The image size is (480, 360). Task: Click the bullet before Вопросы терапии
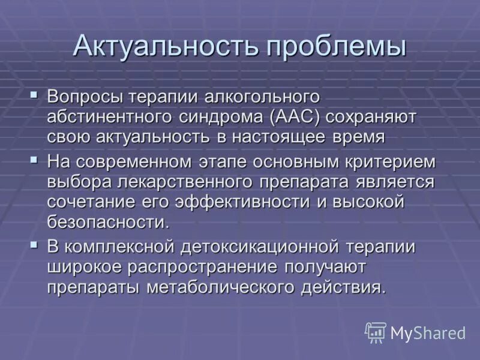coord(35,94)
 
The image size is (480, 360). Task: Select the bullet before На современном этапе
coord(35,160)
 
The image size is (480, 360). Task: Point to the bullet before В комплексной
coord(35,244)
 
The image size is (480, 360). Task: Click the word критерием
coord(384,163)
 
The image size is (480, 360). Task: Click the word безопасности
coord(107,222)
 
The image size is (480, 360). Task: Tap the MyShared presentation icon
coord(375,332)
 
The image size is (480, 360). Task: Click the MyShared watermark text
coord(428,333)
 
